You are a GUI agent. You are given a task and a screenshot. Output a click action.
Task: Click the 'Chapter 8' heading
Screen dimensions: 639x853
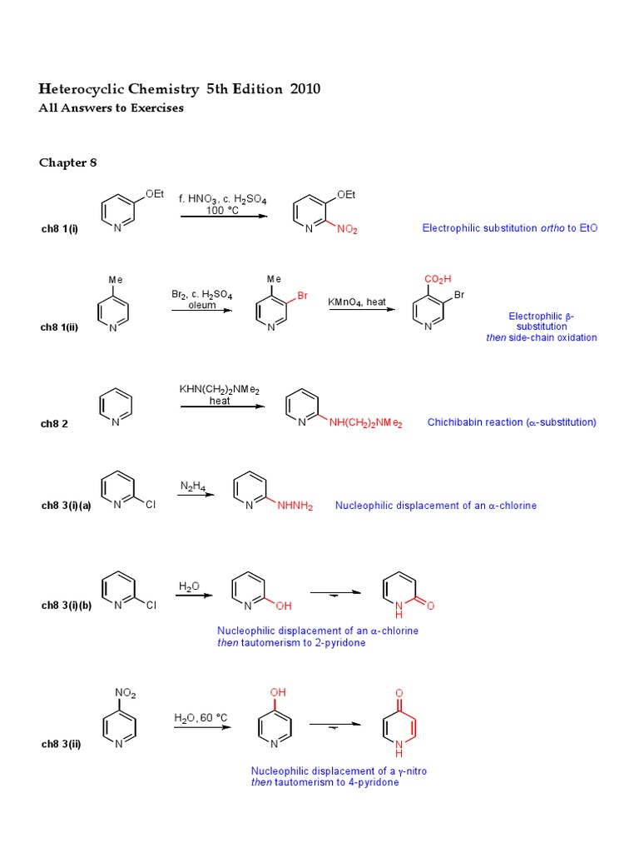coord(68,162)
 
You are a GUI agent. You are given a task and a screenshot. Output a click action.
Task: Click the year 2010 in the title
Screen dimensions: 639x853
coord(305,89)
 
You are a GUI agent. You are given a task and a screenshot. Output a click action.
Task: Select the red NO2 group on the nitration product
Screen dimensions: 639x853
coord(348,230)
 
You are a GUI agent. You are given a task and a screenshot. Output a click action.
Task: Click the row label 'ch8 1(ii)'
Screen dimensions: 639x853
coord(59,327)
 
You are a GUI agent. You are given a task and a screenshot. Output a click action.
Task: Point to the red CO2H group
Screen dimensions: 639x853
coord(438,279)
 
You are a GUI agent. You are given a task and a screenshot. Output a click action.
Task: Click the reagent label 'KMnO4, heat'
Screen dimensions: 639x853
coord(357,302)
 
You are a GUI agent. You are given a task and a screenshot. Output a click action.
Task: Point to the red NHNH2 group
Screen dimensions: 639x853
coord(295,506)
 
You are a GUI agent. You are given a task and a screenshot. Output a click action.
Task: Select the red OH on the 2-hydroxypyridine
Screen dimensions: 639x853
coord(284,606)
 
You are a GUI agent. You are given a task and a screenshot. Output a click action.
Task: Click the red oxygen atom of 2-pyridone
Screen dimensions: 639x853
coord(431,605)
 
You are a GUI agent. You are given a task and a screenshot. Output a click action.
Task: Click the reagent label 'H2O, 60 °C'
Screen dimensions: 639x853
coord(201,717)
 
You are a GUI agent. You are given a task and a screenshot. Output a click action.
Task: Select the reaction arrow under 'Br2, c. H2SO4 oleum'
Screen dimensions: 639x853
coord(202,311)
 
